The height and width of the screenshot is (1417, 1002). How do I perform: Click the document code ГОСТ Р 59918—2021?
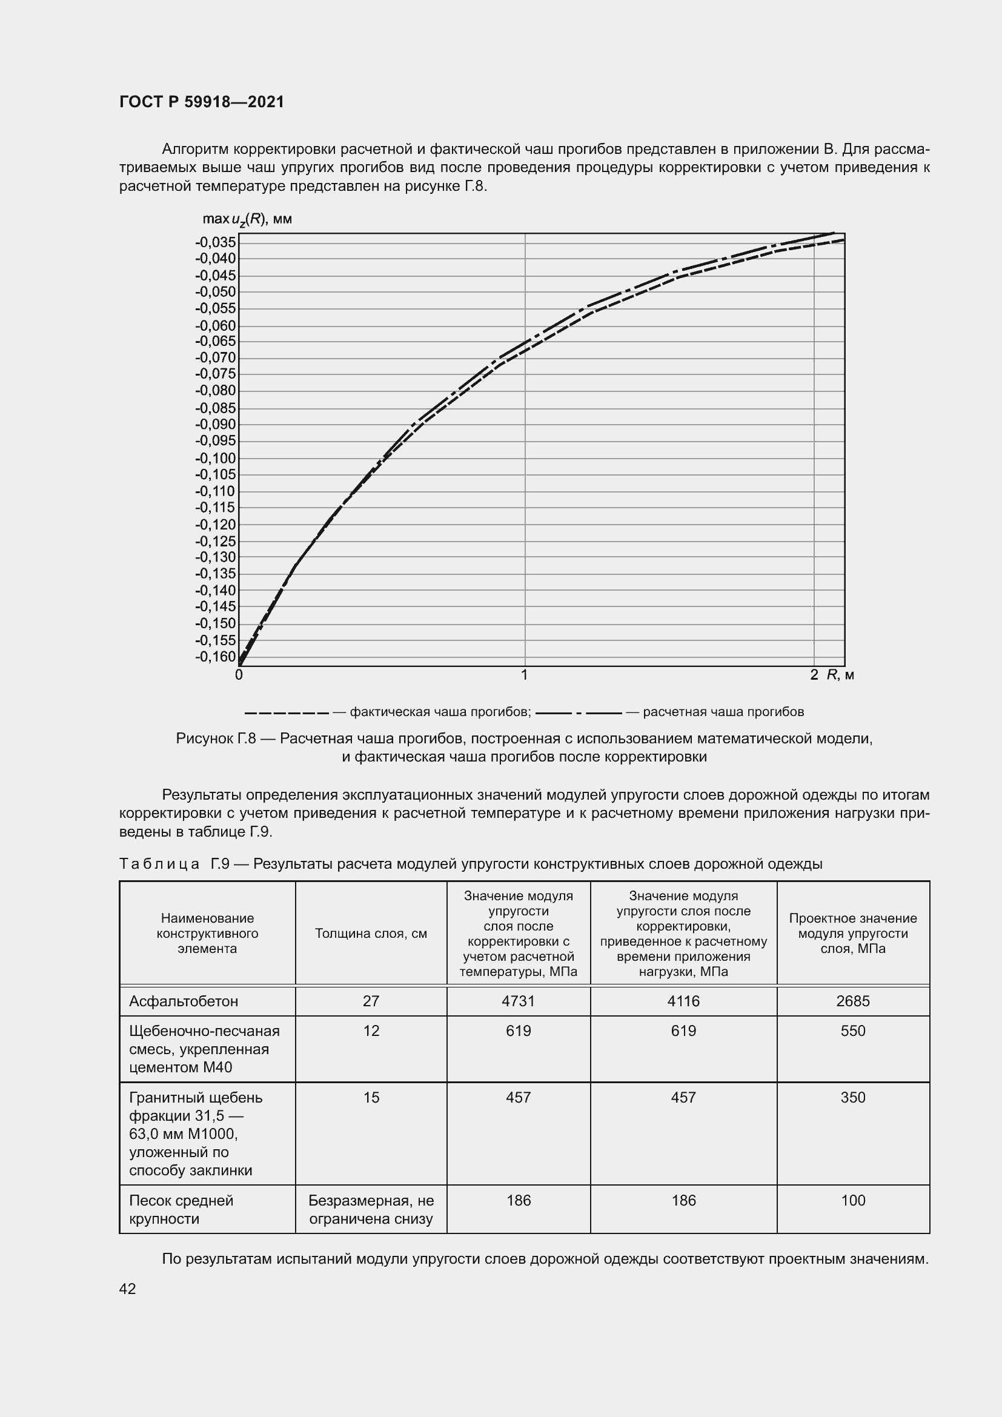pos(202,102)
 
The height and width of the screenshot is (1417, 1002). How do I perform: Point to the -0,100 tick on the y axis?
pos(216,458)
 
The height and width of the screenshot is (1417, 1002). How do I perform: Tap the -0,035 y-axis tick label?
pos(216,242)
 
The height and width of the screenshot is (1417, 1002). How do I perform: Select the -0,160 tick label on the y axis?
pos(216,657)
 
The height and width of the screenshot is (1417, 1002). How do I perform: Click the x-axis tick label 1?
pos(525,675)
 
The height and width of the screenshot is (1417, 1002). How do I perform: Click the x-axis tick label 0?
pos(239,675)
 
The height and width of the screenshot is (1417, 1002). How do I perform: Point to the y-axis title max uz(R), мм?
pos(247,220)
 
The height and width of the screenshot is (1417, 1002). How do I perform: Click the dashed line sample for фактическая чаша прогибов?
pos(287,713)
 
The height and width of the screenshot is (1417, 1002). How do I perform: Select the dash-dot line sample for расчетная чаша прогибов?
pos(579,713)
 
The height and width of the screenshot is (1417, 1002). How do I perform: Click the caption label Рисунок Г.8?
pos(215,738)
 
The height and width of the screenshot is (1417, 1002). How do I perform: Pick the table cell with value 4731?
pos(519,1000)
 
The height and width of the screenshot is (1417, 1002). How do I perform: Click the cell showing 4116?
pos(683,1000)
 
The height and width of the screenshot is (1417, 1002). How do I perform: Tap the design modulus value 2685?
pos(853,1000)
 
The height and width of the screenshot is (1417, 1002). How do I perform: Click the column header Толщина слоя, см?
pos(371,933)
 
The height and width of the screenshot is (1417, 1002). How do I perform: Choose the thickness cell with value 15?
pos(371,1097)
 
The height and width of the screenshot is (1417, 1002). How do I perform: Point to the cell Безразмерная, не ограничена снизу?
pos(371,1209)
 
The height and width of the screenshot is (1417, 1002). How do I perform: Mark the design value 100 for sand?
pos(853,1200)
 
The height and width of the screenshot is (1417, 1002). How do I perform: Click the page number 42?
pos(128,1289)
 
